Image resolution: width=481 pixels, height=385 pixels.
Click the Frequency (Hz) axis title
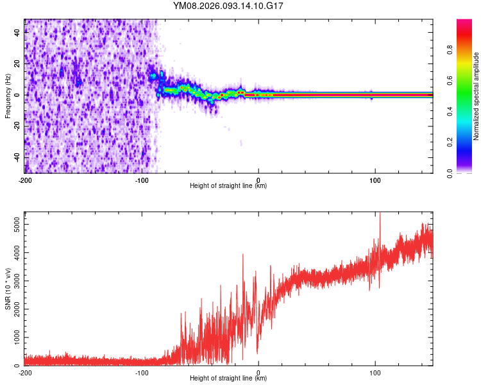tap(8, 96)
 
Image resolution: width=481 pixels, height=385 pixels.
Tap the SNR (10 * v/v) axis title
tap(8, 288)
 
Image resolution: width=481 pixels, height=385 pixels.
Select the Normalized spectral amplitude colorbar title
tap(476, 96)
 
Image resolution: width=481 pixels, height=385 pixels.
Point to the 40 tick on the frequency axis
tap(17, 33)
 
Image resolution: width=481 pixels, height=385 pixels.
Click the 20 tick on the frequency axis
tap(17, 64)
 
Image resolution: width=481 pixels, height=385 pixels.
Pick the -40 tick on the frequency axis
tap(17, 157)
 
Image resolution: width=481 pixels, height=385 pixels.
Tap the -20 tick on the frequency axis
tap(17, 126)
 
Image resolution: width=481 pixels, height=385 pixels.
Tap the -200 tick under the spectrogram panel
tap(25, 180)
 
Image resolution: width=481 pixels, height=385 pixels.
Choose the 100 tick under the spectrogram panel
tap(375, 180)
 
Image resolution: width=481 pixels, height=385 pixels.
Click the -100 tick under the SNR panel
tap(142, 372)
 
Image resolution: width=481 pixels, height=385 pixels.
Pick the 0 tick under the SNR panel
tap(258, 372)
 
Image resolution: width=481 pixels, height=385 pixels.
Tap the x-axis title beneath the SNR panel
tap(228, 379)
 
